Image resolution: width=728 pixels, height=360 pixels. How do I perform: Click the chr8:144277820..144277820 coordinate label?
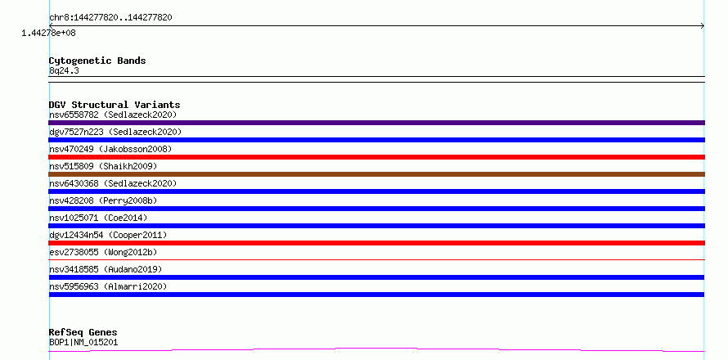coord(110,18)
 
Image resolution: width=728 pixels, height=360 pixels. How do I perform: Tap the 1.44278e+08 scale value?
coord(48,33)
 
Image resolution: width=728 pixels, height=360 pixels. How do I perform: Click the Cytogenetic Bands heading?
coord(97,61)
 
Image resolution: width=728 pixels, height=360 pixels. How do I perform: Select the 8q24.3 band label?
coord(64,71)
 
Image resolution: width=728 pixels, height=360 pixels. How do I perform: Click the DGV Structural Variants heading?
coord(115,105)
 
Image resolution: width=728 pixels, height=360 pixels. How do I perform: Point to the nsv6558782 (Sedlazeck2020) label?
coord(113,115)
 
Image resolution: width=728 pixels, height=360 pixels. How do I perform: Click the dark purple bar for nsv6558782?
coord(376,123)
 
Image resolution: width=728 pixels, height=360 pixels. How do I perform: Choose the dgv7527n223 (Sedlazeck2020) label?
coord(115,132)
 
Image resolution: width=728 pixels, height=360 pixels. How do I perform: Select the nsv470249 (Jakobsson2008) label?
coord(110,149)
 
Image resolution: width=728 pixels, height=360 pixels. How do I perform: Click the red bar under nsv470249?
coord(376,157)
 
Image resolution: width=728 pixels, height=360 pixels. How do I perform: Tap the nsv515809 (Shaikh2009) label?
coord(103,166)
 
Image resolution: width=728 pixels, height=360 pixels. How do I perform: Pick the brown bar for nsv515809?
coord(376,174)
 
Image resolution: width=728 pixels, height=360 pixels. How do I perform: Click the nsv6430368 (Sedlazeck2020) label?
coord(113,183)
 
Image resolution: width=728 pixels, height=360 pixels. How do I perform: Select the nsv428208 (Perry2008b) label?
coord(103,200)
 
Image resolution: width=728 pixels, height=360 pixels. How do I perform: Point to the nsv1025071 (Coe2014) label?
coord(98,218)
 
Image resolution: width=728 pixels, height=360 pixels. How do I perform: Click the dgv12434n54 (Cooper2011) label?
coord(108,235)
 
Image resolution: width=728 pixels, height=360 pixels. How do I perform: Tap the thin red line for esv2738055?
coord(376,259)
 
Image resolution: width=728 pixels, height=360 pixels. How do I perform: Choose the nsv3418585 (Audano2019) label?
coord(106,269)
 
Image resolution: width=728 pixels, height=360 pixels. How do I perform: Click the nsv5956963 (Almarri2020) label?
coord(108,286)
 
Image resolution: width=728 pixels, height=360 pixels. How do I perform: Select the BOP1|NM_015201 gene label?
coord(83,342)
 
